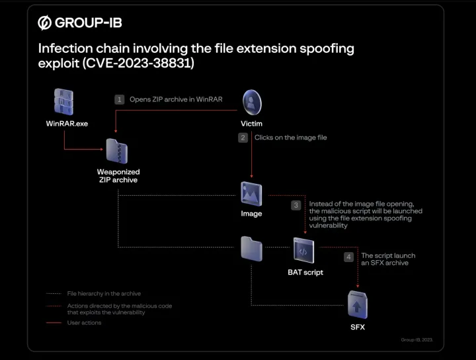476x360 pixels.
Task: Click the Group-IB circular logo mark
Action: pyautogui.click(x=45, y=23)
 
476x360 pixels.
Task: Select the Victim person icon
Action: pyautogui.click(x=251, y=103)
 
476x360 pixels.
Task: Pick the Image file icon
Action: pyautogui.click(x=251, y=193)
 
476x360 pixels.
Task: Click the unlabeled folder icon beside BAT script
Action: pyautogui.click(x=252, y=249)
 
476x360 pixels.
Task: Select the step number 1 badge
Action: pyautogui.click(x=120, y=99)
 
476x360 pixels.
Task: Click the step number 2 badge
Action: pyautogui.click(x=243, y=138)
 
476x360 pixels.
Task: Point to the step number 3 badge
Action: pyautogui.click(x=296, y=205)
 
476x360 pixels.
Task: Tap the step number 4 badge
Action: pyautogui.click(x=349, y=257)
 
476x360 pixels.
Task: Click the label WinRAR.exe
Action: pyautogui.click(x=67, y=124)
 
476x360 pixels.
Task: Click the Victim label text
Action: pyautogui.click(x=251, y=124)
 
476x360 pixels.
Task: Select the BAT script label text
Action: pyautogui.click(x=305, y=272)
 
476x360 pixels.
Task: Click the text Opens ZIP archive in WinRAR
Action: pyautogui.click(x=176, y=99)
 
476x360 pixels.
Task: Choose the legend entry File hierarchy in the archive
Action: pyautogui.click(x=104, y=294)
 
